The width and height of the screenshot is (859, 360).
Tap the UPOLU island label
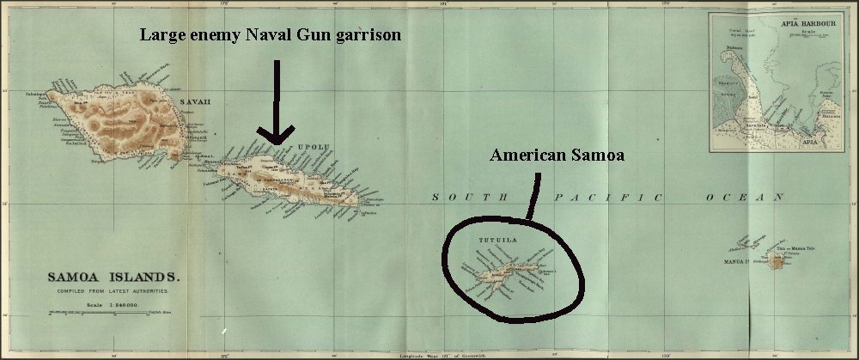click(313, 147)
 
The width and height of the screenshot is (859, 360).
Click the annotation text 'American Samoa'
click(556, 156)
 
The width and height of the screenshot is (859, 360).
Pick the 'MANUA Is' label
click(738, 259)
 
